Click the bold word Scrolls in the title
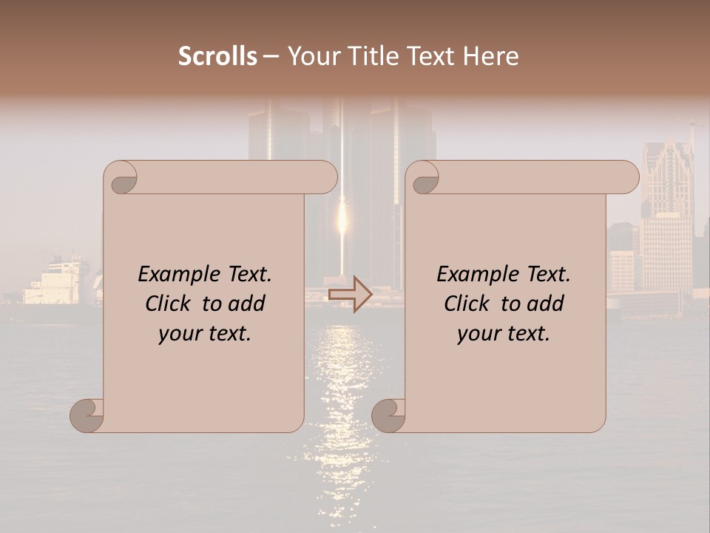(218, 56)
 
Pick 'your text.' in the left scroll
(205, 334)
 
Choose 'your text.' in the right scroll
(504, 334)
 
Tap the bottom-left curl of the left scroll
(87, 415)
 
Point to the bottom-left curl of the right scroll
(388, 415)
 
